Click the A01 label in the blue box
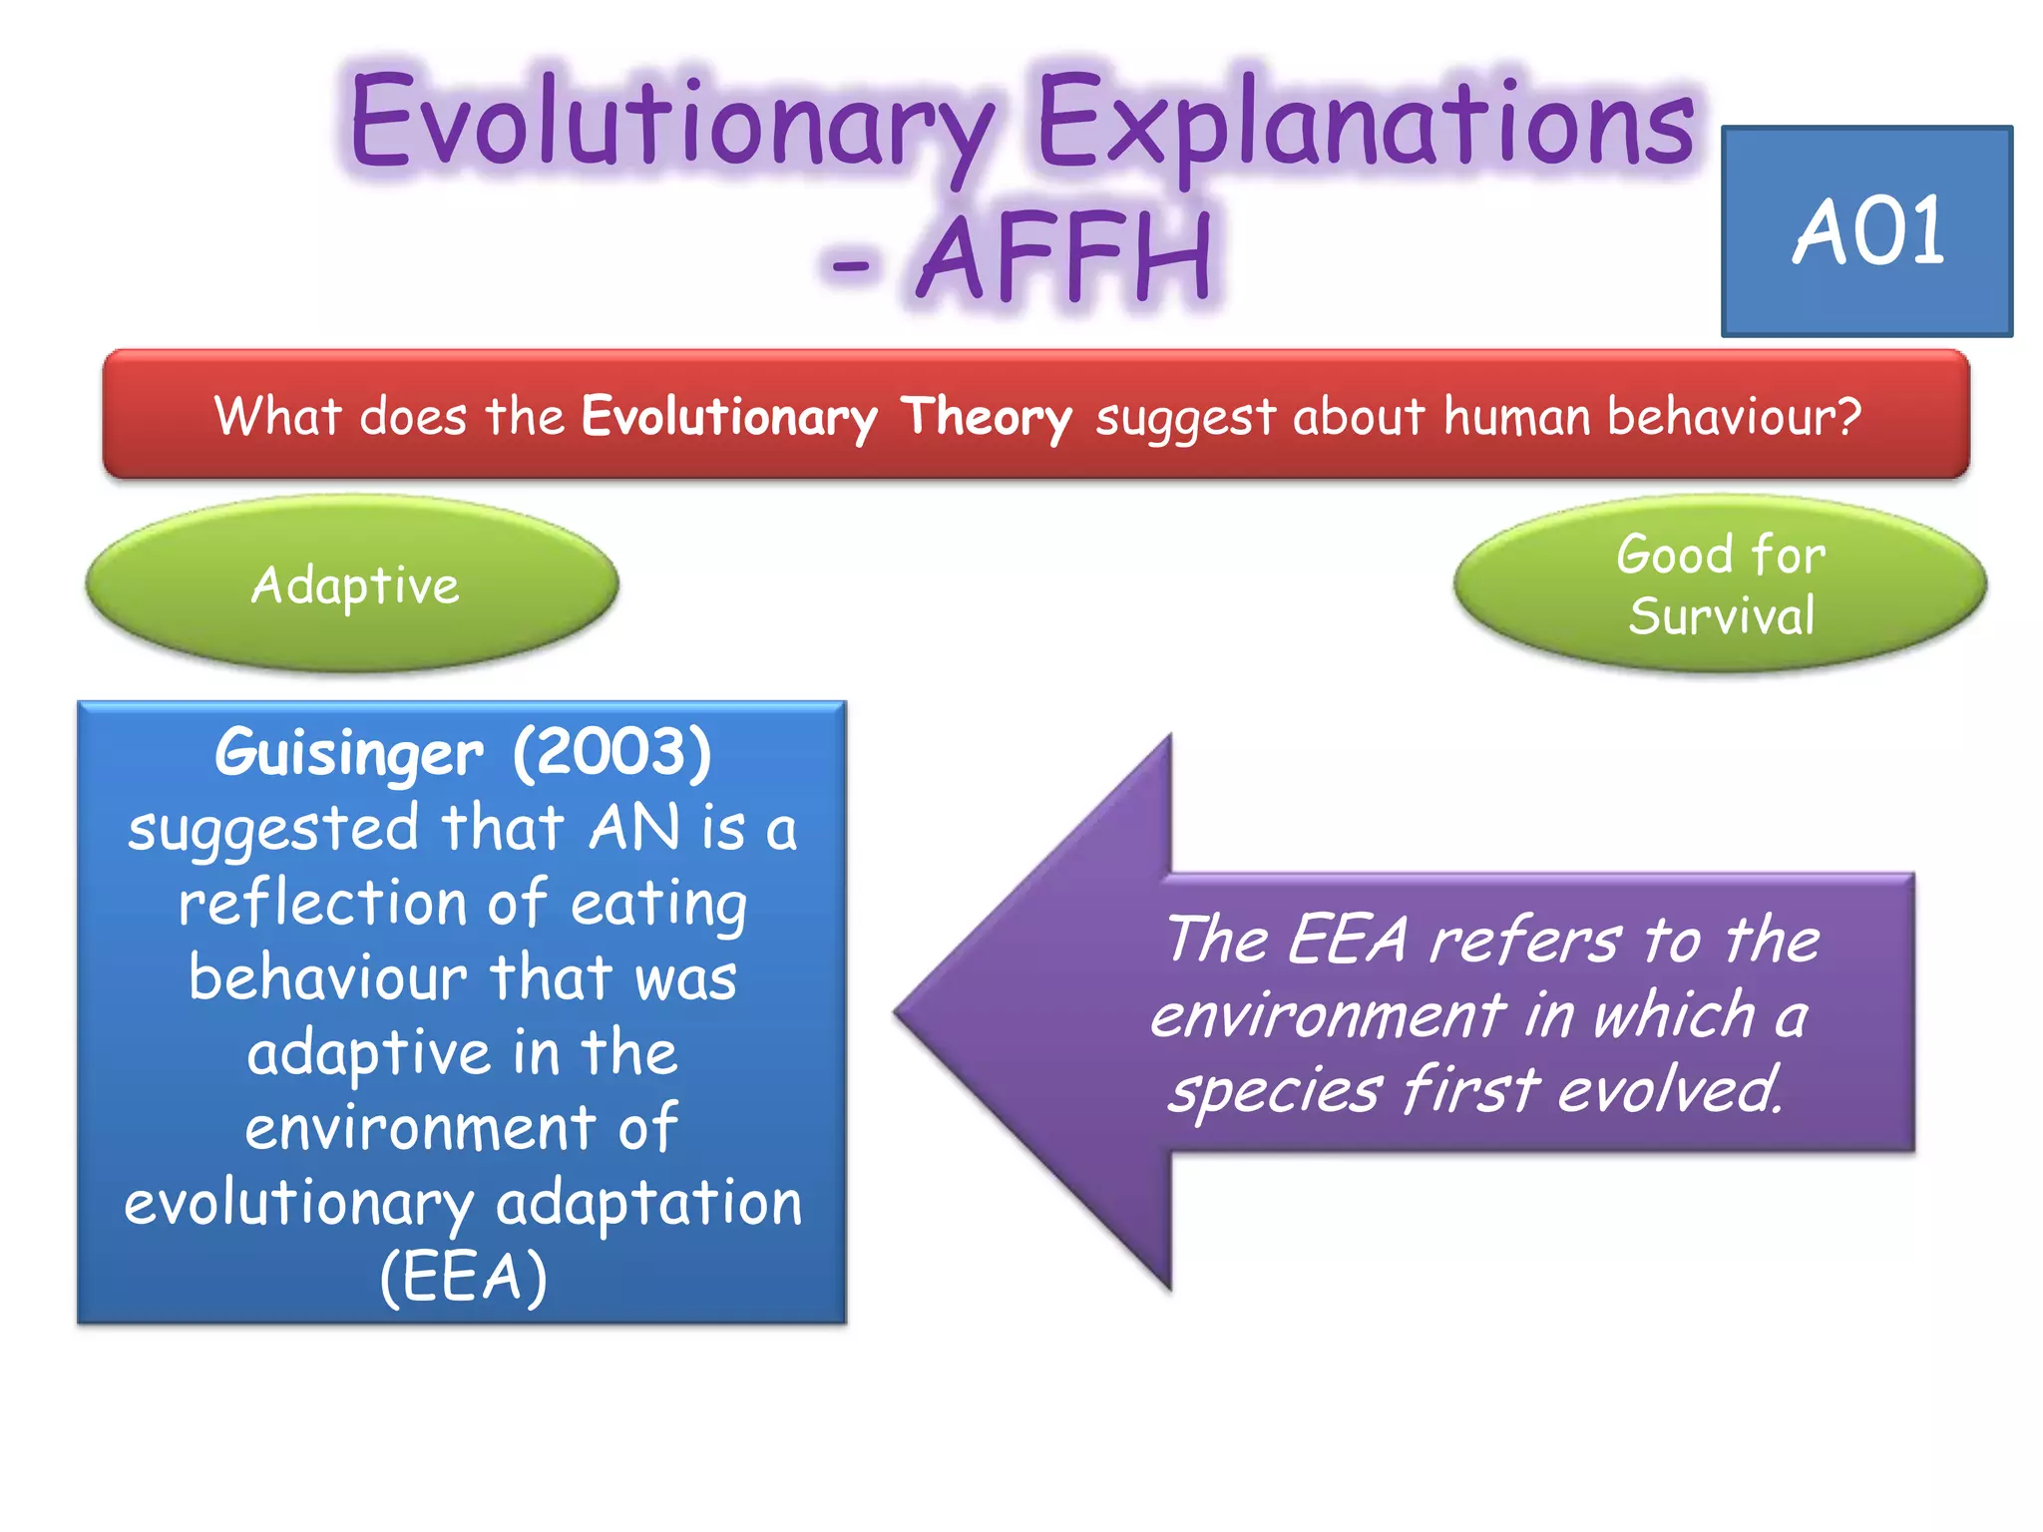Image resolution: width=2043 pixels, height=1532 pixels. pyautogui.click(x=1867, y=231)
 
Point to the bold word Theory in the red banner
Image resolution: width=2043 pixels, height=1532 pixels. pyautogui.click(x=986, y=417)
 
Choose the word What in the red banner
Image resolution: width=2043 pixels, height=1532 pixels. pyautogui.click(x=278, y=416)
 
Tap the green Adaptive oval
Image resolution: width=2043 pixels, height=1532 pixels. pyautogui.click(x=354, y=584)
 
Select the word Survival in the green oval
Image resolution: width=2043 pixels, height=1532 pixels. pyautogui.click(x=1721, y=615)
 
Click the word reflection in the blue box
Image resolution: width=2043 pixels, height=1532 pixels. pyautogui.click(x=322, y=903)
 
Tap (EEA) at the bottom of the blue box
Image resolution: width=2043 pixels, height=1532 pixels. pyautogui.click(x=463, y=1278)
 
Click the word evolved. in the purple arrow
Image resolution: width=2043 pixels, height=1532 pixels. pyautogui.click(x=1671, y=1089)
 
